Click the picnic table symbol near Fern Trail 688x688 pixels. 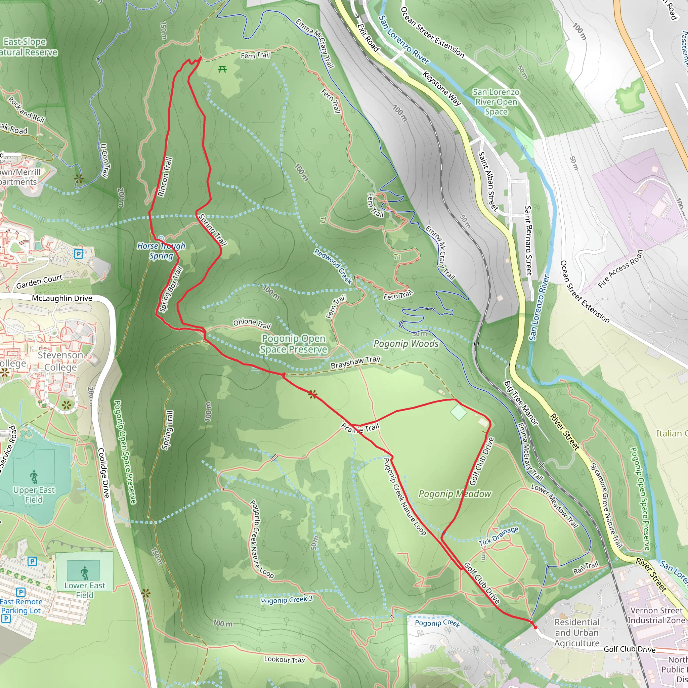[x=222, y=69]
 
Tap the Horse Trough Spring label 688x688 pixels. [x=161, y=251]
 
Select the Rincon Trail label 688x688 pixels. [x=165, y=177]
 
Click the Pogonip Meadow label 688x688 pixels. [x=455, y=494]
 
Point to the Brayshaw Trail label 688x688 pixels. [x=355, y=363]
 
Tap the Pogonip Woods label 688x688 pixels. [x=406, y=344]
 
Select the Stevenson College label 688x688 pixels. [x=60, y=361]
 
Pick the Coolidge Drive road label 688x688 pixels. [x=103, y=473]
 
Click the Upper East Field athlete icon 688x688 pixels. [x=34, y=476]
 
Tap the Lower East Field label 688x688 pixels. [x=85, y=590]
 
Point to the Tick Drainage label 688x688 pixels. [x=498, y=536]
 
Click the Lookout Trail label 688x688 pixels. [x=285, y=659]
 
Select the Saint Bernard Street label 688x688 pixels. [x=528, y=241]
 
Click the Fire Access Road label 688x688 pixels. [x=620, y=268]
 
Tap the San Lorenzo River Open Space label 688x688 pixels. [x=496, y=102]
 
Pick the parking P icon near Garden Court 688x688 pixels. [x=79, y=254]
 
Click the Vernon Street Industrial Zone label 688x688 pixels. [x=656, y=615]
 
